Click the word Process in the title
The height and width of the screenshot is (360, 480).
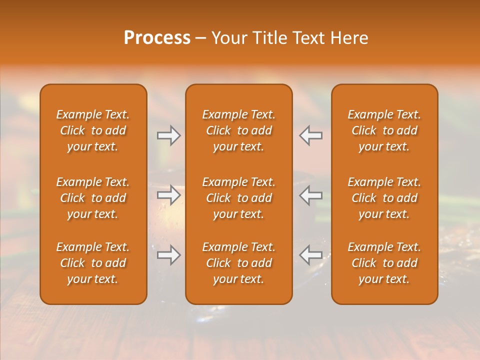pos(157,38)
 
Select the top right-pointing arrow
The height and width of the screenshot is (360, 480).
pos(168,135)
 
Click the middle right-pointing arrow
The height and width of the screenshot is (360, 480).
pos(168,195)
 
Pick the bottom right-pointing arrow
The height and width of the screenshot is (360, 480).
pos(168,255)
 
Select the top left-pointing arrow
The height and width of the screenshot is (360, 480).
pos(310,135)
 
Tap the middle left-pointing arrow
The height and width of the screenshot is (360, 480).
pos(310,195)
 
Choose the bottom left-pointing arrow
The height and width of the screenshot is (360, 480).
pos(310,255)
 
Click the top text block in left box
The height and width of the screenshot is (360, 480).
pos(93,130)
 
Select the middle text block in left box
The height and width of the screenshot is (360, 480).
pos(93,198)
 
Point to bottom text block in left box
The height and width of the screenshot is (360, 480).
pos(93,263)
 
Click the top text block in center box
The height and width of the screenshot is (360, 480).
pos(238,130)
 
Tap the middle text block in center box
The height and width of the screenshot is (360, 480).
pos(238,198)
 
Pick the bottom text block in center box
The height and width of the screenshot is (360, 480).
pos(238,263)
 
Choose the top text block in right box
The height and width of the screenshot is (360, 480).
pos(384,130)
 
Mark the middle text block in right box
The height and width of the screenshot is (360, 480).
pos(384,198)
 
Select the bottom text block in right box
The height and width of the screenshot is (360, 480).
pos(384,263)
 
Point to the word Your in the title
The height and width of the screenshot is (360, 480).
pos(228,38)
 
